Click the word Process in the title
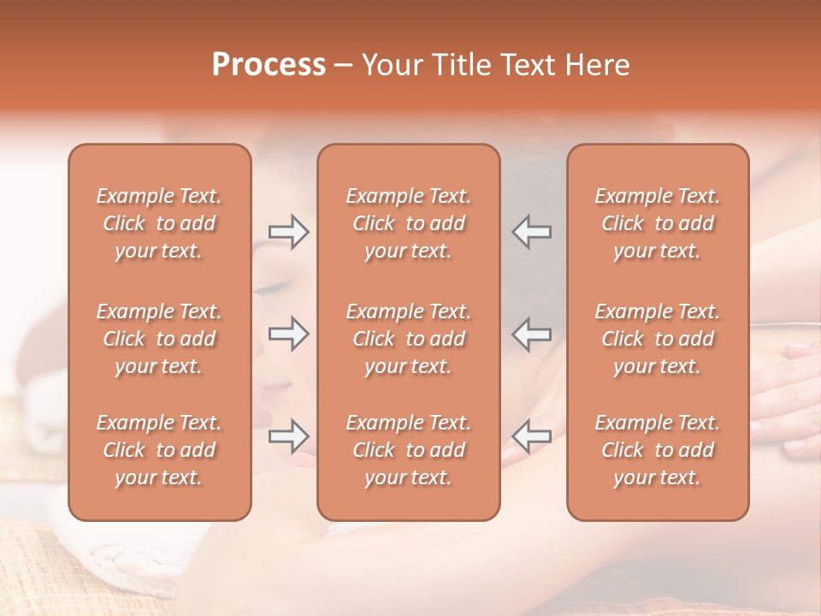click(269, 65)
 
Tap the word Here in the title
click(598, 65)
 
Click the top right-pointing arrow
click(288, 232)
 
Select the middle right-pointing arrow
click(288, 334)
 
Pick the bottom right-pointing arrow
click(288, 436)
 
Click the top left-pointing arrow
click(532, 232)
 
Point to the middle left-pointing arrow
click(532, 334)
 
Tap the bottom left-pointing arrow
click(532, 436)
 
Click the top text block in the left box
click(159, 223)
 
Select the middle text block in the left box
click(159, 339)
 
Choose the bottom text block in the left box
click(159, 450)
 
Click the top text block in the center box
click(409, 223)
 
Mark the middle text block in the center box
click(409, 339)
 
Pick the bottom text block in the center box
click(409, 450)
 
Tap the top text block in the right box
click(658, 223)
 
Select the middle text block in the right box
click(658, 339)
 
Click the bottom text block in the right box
click(658, 450)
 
